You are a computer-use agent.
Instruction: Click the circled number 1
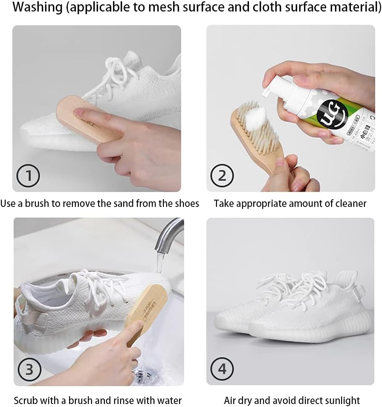[x=28, y=175]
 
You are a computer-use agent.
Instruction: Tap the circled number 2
[x=222, y=175]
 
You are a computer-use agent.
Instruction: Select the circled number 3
[x=29, y=369]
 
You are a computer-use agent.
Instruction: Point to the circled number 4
[x=222, y=369]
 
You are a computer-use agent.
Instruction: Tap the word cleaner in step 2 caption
[x=350, y=203]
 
